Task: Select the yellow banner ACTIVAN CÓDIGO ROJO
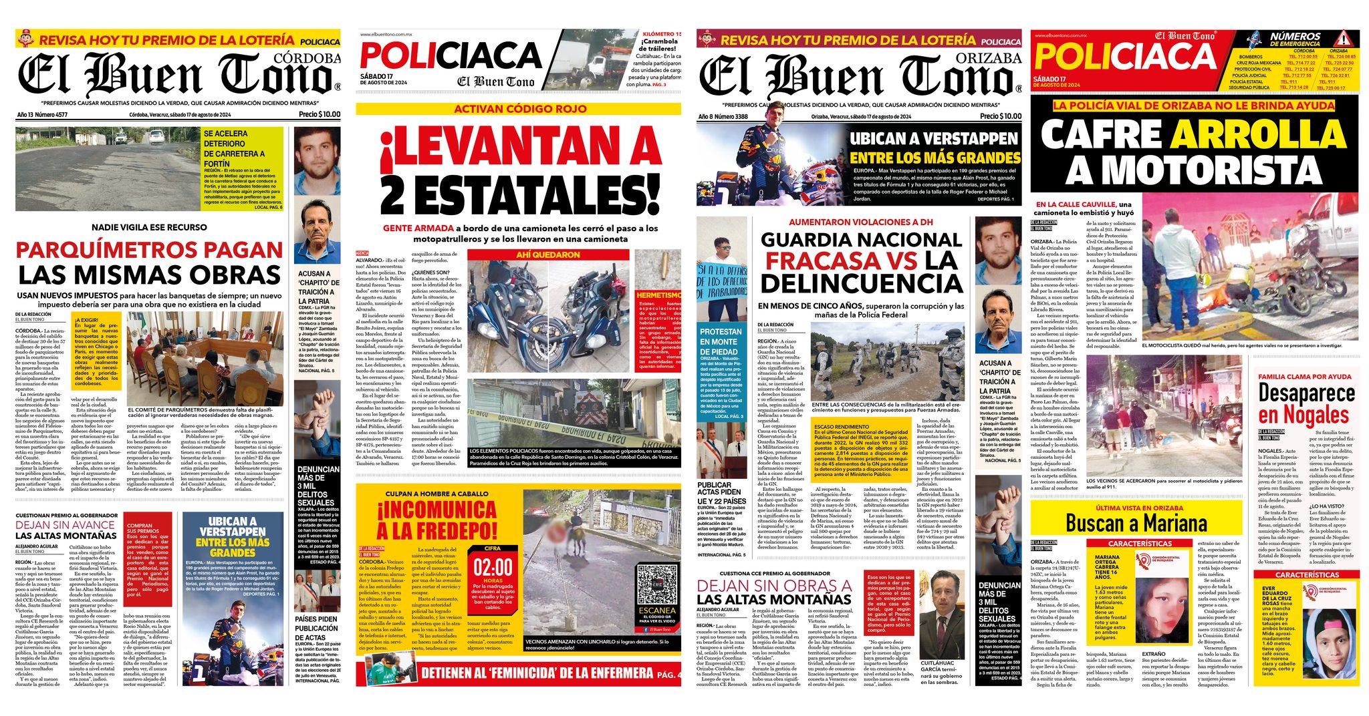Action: [519, 109]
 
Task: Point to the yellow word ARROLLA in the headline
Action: [1260, 136]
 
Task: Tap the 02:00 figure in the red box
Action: [493, 568]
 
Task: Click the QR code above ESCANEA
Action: [656, 584]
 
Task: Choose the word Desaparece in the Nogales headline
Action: [1306, 393]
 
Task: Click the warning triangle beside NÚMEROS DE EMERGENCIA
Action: [1341, 39]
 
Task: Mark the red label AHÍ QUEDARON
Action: [548, 254]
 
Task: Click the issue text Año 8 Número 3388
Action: [723, 116]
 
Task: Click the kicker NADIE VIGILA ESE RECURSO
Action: [149, 227]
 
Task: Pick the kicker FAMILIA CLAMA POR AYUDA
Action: [1304, 377]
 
